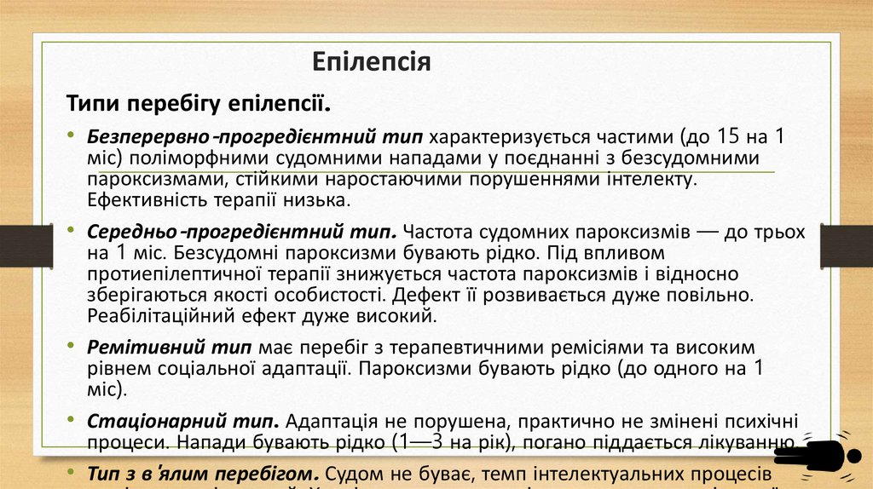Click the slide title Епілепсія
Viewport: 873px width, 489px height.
[371, 62]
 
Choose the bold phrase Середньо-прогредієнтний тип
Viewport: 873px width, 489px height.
[242, 232]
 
